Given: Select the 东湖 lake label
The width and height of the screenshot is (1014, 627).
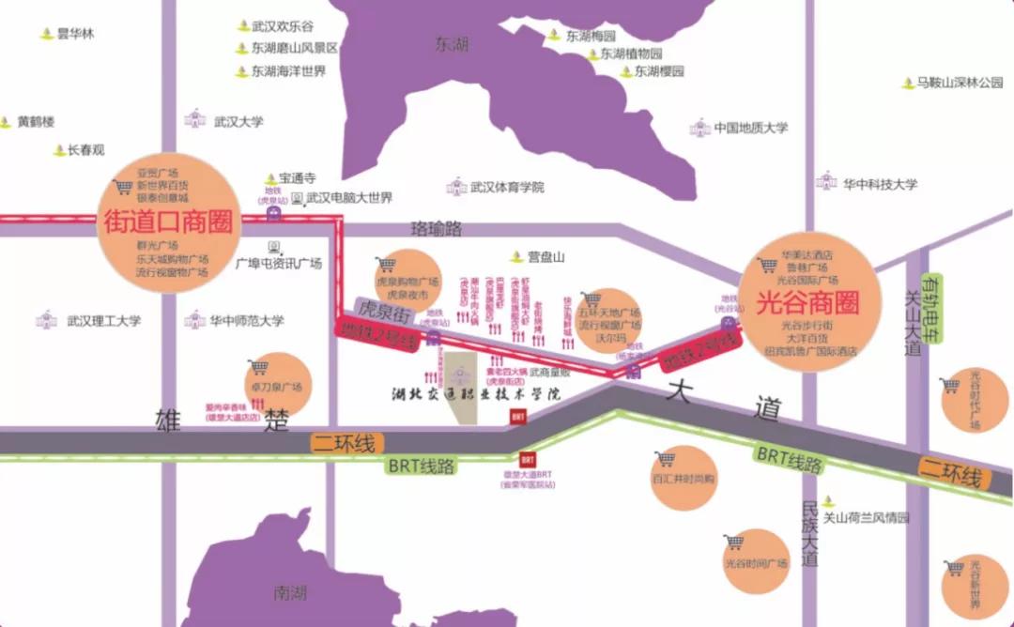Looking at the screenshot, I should (452, 43).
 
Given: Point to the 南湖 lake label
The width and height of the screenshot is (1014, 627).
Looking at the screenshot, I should (290, 592).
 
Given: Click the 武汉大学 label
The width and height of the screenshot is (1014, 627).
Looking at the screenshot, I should (238, 121).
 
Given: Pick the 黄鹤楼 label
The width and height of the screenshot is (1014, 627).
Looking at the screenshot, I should (36, 121).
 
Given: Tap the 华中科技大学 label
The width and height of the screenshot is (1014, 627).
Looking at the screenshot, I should (879, 184).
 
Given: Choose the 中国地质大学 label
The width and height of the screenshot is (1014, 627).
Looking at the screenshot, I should (750, 128).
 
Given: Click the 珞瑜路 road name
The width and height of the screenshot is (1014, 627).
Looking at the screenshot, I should (438, 228).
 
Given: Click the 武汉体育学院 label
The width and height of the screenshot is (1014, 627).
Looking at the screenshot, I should (507, 187).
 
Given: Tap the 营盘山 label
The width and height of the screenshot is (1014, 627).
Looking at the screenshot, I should (545, 255).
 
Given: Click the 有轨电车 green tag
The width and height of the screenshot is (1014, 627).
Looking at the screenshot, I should (933, 311).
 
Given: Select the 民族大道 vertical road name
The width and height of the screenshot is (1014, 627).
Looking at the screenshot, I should (810, 531).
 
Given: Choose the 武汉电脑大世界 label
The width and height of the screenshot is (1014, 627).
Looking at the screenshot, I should (348, 198).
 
